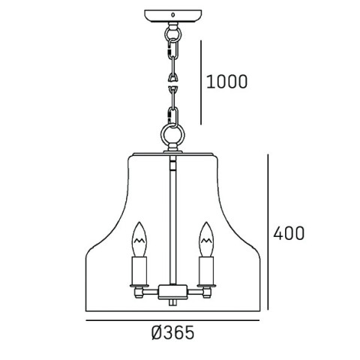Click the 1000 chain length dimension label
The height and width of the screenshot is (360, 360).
click(226, 82)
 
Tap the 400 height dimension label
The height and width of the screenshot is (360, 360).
click(289, 233)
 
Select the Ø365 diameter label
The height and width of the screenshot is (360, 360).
click(172, 333)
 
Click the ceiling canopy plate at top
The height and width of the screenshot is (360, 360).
click(173, 16)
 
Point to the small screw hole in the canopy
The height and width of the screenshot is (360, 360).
click(172, 15)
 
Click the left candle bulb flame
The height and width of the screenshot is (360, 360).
click(139, 239)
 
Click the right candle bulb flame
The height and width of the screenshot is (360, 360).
click(206, 239)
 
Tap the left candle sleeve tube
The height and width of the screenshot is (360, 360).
click(139, 271)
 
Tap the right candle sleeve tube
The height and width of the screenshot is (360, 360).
click(206, 271)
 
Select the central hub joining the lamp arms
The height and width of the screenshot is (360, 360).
click(172, 292)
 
